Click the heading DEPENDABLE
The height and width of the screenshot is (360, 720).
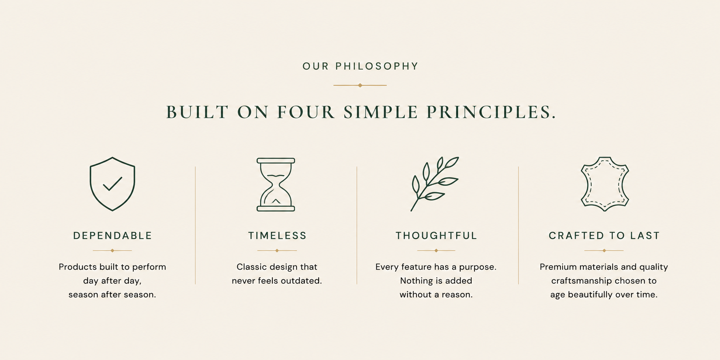(112, 236)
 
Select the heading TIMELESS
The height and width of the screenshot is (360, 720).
(277, 236)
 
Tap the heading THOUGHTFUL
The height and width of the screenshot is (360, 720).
(436, 236)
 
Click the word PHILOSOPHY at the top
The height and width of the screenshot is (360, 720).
(377, 66)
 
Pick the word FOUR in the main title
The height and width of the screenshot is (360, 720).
(306, 112)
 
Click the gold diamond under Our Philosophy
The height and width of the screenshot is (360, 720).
(360, 85)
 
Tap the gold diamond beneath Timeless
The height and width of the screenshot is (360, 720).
(277, 250)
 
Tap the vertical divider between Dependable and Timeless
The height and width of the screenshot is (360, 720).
(195, 225)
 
